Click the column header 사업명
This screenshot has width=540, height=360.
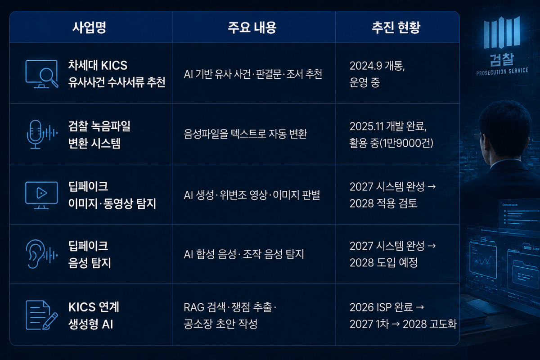[x=89, y=27]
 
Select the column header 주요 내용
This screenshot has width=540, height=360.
[x=252, y=27]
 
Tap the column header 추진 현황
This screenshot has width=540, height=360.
[x=396, y=27]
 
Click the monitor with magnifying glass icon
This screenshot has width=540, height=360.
[x=41, y=74]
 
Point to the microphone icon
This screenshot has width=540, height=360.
[x=41, y=134]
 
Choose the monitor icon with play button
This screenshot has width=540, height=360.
[x=41, y=195]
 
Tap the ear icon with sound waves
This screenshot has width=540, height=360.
[x=41, y=254]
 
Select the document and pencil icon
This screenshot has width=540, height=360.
[x=41, y=315]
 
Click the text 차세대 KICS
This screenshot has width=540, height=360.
[x=98, y=65]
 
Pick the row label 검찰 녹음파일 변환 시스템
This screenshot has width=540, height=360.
[x=99, y=135]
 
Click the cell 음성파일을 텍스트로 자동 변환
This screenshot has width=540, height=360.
[x=245, y=134]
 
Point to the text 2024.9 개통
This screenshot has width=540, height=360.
[x=377, y=66]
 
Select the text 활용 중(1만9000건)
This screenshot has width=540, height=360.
[x=391, y=143]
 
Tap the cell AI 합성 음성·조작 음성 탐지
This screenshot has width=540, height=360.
[x=244, y=254]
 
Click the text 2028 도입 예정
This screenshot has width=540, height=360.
[x=383, y=262]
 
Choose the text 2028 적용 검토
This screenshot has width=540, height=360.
[x=383, y=203]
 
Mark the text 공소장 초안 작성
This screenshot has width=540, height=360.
[x=220, y=324]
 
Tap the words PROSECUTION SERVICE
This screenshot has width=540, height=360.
[x=502, y=72]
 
